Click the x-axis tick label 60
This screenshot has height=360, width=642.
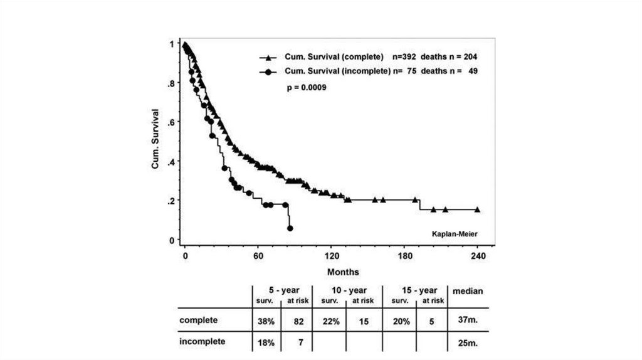pyautogui.click(x=258, y=257)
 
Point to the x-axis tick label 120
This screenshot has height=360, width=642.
pyautogui.click(x=331, y=257)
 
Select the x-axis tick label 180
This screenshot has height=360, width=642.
pyautogui.click(x=404, y=257)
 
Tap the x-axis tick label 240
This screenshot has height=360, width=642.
pyautogui.click(x=478, y=257)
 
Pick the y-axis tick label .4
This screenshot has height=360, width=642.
pyautogui.click(x=171, y=161)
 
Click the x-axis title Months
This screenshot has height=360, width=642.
pyautogui.click(x=343, y=272)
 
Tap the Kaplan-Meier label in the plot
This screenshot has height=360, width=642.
pyautogui.click(x=455, y=234)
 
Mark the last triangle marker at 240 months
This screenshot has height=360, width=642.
pyautogui.click(x=478, y=209)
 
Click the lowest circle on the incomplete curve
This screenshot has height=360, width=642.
pyautogui.click(x=290, y=228)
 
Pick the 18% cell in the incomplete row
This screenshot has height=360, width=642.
pyautogui.click(x=263, y=342)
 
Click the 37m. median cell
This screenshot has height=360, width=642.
pyautogui.click(x=467, y=320)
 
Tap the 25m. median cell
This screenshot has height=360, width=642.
pyautogui.click(x=467, y=342)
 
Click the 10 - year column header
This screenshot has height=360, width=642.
pyautogui.click(x=349, y=290)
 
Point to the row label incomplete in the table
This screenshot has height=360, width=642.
pyautogui.click(x=203, y=342)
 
